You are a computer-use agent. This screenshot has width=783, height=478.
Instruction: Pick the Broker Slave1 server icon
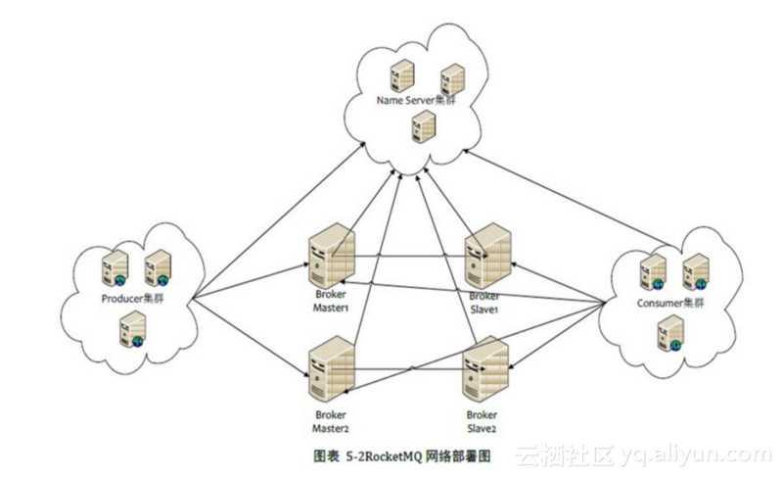tap(486, 254)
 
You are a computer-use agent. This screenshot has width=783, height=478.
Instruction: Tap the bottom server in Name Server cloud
tap(423, 124)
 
